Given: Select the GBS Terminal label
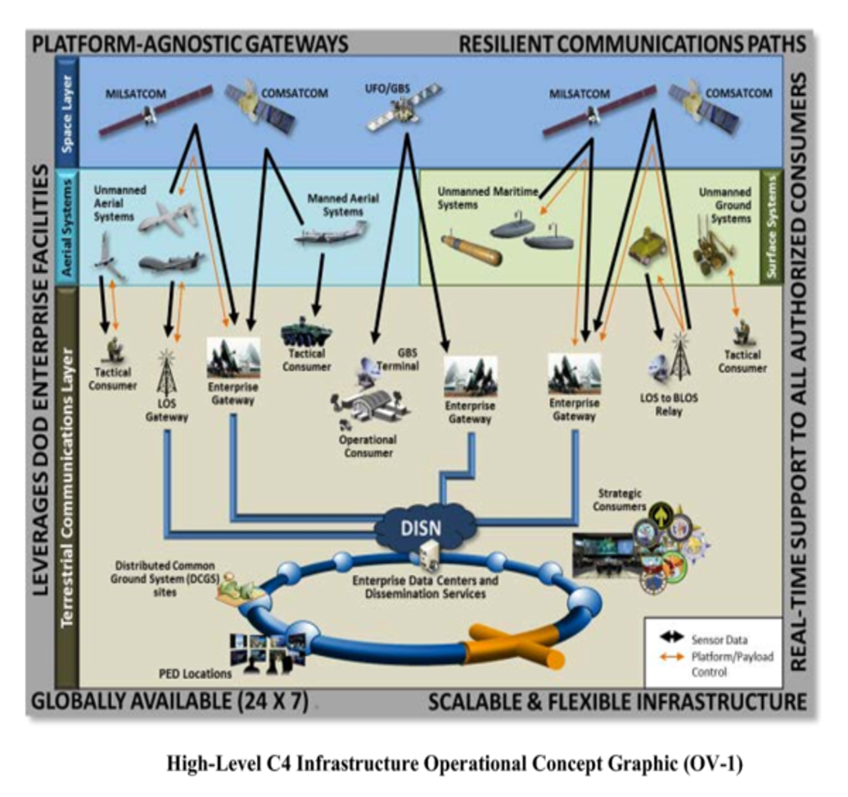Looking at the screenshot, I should pos(397,360).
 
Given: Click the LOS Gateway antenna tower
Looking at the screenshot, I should pos(166,374).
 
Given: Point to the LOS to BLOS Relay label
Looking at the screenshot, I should pos(668,405).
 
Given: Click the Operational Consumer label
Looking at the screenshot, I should pos(368,446).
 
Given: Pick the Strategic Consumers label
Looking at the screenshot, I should pos(619,500).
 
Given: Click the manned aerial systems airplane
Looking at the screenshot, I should pos(329,234).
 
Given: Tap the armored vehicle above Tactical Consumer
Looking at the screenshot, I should pos(306,332).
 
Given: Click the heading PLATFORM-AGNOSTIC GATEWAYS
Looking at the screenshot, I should pos(190,43).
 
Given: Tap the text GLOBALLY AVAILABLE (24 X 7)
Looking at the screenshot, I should pos(169,702).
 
